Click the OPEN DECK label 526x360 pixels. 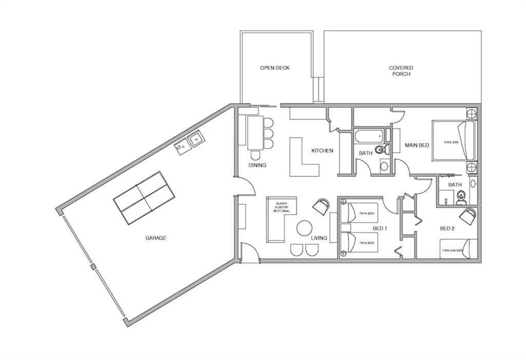tap(275, 68)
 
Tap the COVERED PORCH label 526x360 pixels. tap(401, 71)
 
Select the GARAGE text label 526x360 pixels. tap(156, 238)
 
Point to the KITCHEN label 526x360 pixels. tap(323, 150)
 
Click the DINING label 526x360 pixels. tap(257, 165)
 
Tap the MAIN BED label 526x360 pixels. tap(417, 145)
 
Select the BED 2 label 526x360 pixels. tap(447, 229)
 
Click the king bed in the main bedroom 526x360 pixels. tap(454, 141)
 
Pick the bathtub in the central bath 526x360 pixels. tap(369, 136)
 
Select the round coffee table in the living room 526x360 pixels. tap(305, 228)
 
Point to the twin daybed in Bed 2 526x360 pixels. tap(459, 249)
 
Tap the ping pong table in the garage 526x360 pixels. tap(144, 198)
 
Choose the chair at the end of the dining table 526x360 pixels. tap(255, 155)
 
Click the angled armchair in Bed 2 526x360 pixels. tap(468, 216)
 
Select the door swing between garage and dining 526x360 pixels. tap(247, 185)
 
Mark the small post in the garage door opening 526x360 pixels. tap(93, 267)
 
